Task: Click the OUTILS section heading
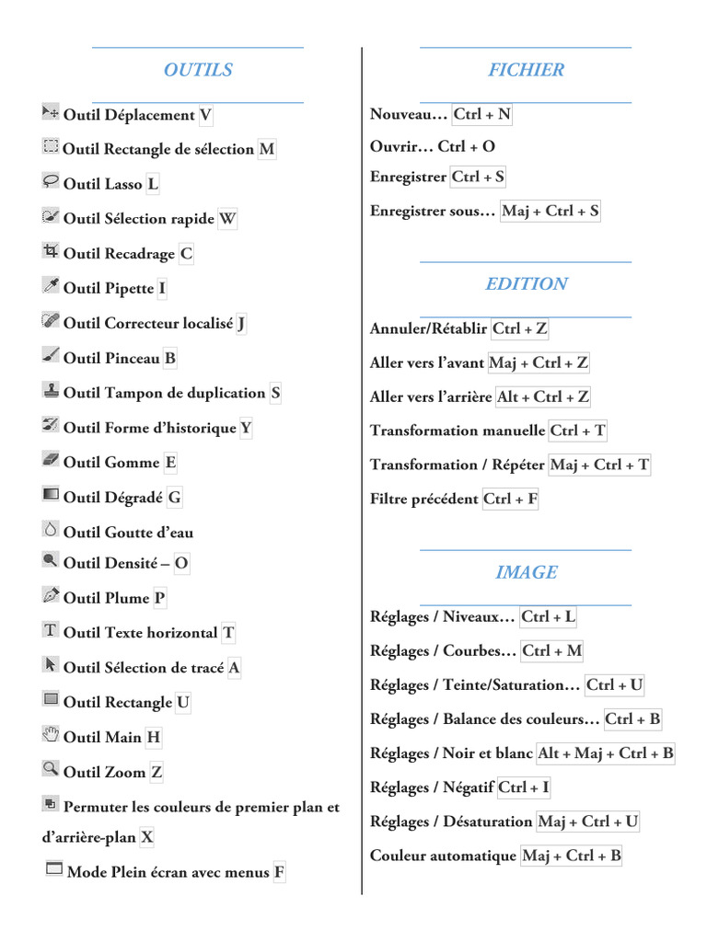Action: [198, 70]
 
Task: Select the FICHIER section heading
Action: [526, 70]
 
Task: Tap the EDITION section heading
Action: [526, 284]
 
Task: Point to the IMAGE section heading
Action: [526, 572]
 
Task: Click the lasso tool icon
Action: [51, 181]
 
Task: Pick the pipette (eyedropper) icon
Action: [51, 285]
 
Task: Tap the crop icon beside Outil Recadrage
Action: [51, 250]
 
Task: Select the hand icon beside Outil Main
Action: [51, 734]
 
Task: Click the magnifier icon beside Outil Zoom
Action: [51, 768]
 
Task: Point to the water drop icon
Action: [51, 529]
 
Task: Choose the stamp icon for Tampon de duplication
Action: [51, 390]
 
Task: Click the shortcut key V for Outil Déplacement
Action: [205, 115]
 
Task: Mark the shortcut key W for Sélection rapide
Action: [227, 219]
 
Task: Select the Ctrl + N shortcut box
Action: [481, 115]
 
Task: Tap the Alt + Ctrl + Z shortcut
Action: [542, 397]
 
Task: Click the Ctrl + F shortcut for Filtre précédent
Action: [510, 500]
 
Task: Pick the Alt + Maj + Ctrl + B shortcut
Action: [606, 753]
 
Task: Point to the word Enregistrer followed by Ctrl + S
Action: [408, 177]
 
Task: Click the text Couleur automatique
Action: [443, 856]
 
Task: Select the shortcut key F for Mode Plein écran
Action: [279, 873]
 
